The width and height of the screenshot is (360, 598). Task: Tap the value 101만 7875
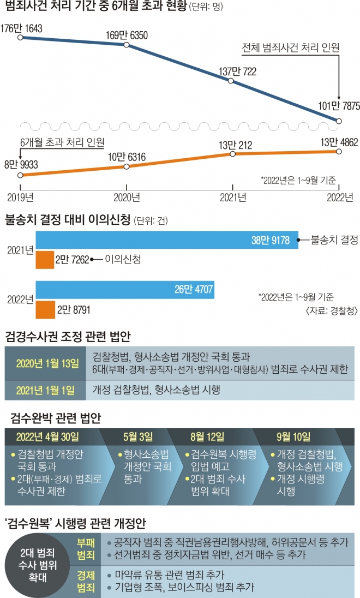click(339, 106)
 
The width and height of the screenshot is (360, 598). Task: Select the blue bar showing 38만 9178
click(166, 240)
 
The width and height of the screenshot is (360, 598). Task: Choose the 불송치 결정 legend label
click(334, 240)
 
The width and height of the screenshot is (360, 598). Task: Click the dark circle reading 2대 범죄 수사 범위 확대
click(39, 568)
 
